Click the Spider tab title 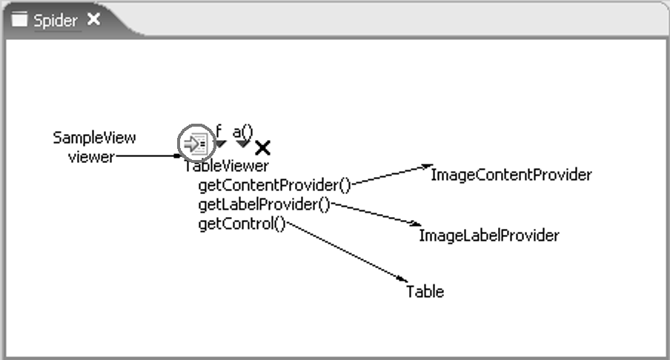pos(56,21)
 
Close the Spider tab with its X pos(93,19)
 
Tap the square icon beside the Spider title pos(19,19)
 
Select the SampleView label pos(94,138)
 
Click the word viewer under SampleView pos(91,157)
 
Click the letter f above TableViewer pos(219,131)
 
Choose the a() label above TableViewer pos(242,132)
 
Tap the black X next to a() pos(263,148)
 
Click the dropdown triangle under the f pos(220,144)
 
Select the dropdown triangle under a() pos(243,144)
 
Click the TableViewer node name pos(227,166)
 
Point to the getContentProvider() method pos(275,185)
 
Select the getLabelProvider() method pos(265,204)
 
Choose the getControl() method pos(242,224)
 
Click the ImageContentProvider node pos(511,175)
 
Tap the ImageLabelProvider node pos(489,236)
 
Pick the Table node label pos(425,292)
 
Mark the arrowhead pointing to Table pos(402,279)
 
